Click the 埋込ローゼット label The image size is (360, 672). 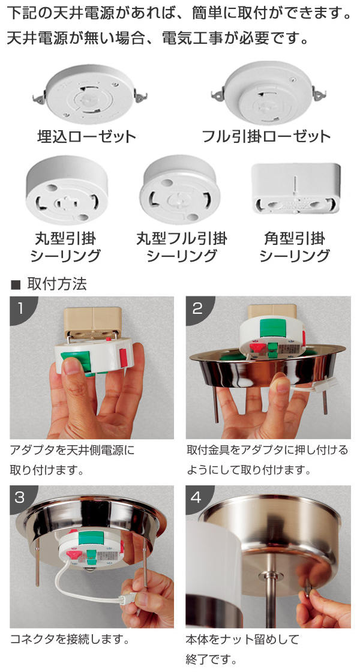point(86,137)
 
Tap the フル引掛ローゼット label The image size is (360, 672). point(266,137)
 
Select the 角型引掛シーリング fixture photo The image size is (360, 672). point(296,188)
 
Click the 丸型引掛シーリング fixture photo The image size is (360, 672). point(67,190)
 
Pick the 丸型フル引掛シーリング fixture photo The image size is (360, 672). point(180,190)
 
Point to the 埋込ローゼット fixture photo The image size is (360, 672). point(91,94)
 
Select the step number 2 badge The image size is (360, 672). point(197,307)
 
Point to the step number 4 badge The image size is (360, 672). point(197,497)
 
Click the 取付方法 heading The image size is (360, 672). point(56,284)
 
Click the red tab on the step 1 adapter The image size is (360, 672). point(124,357)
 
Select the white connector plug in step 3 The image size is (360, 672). point(128,597)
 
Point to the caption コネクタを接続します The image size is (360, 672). point(70,640)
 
